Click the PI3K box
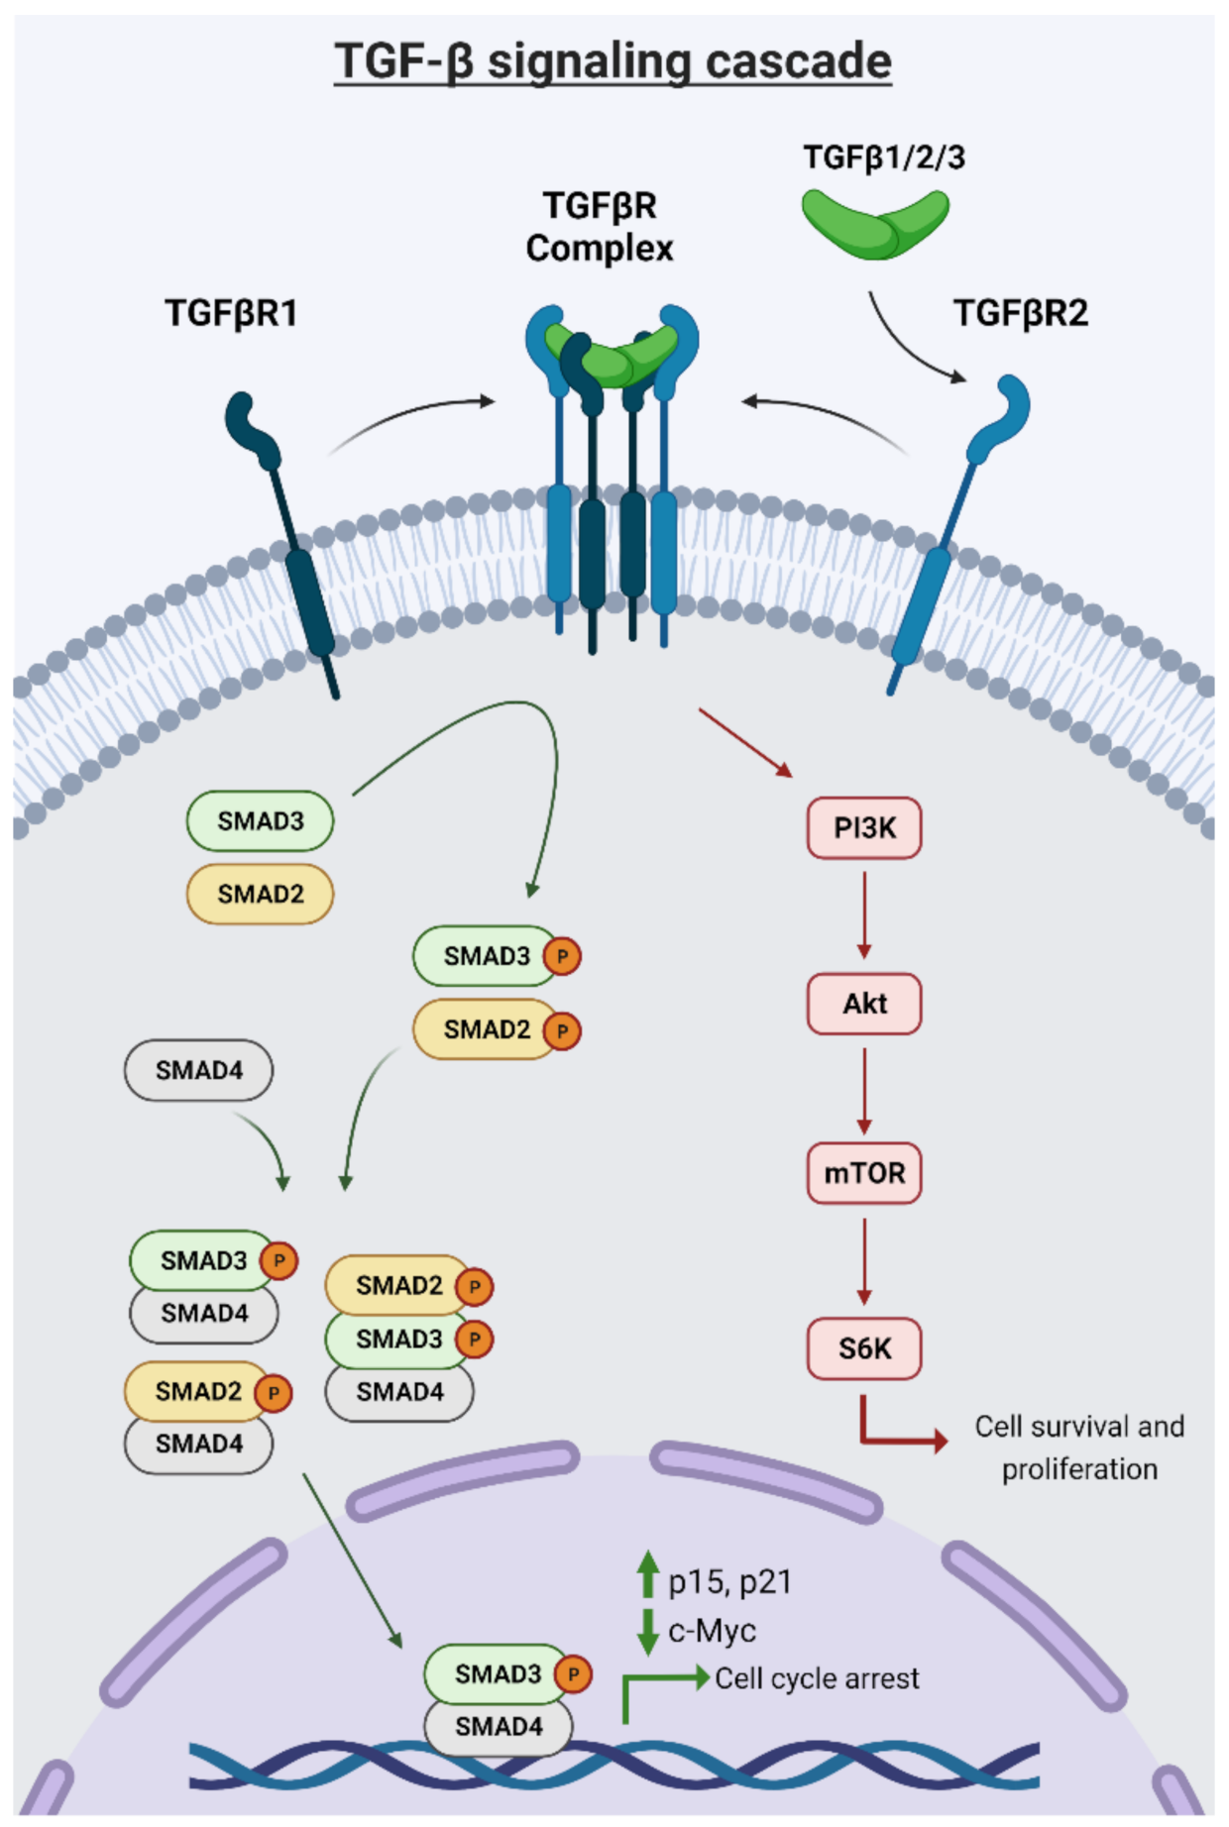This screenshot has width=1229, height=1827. tap(864, 827)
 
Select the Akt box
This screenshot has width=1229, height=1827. tap(864, 1004)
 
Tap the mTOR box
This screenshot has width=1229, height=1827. tap(864, 1173)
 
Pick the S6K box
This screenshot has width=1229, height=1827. tap(864, 1348)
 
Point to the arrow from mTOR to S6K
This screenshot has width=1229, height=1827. tap(864, 1261)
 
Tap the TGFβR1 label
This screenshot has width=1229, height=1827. tap(231, 313)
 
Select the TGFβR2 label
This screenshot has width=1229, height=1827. tap(1021, 313)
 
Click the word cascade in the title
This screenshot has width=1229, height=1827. tap(799, 61)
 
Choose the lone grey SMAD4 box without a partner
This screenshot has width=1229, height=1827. tap(198, 1070)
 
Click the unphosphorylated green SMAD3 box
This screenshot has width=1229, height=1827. tap(260, 820)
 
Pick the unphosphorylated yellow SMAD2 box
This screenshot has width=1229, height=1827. tap(260, 894)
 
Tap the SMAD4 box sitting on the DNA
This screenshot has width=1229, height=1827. tap(498, 1726)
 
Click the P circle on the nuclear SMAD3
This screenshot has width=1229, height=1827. tap(573, 1674)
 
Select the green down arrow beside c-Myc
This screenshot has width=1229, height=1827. tap(648, 1632)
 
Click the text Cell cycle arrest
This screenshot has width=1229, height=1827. tap(817, 1678)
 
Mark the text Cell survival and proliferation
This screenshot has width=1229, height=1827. tap(1079, 1448)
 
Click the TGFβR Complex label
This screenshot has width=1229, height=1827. tap(600, 227)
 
